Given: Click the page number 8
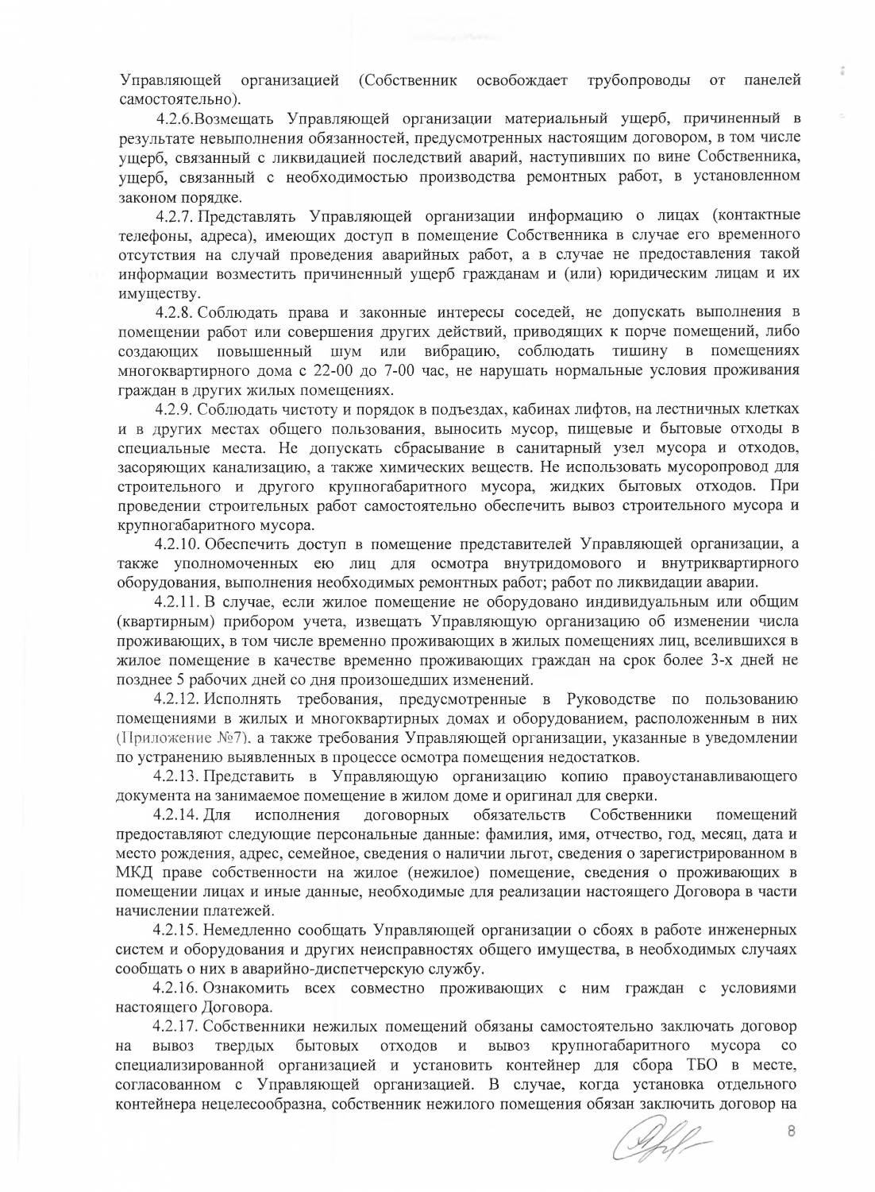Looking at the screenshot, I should coord(790,1132).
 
